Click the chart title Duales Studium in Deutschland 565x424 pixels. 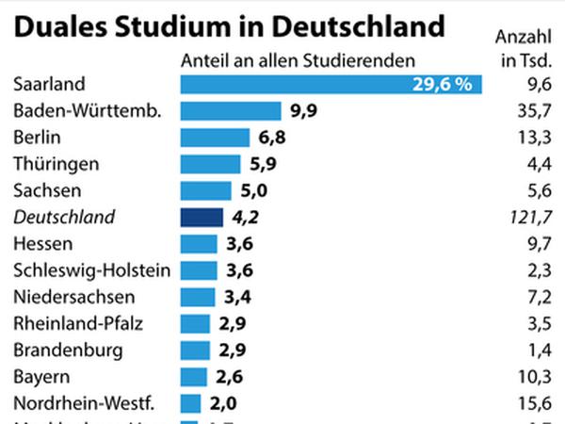point(229,25)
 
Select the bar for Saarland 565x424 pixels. point(331,85)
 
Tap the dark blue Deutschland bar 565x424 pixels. point(202,218)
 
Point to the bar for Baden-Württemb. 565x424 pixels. point(231,111)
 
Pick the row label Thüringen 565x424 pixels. point(56,164)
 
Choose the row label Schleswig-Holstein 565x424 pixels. point(92,270)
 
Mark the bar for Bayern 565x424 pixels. point(193,377)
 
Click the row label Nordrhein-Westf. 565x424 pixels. point(85,403)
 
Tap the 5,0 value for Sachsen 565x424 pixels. point(231,191)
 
